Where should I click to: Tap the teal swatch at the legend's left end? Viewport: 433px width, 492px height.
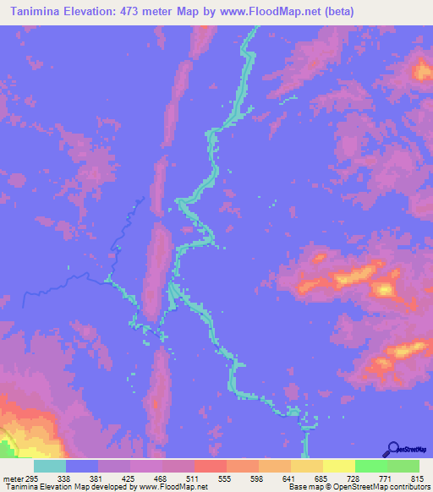50,467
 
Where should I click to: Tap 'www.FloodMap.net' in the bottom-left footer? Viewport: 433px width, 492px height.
174,487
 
